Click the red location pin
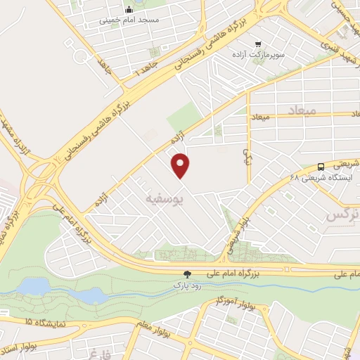coord(181,166)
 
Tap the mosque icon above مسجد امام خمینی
coord(129,10)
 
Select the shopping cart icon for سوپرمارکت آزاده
coord(259,43)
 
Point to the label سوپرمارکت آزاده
coord(260,54)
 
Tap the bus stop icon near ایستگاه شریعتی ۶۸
coord(321,167)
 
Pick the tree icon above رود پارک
coord(187,275)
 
